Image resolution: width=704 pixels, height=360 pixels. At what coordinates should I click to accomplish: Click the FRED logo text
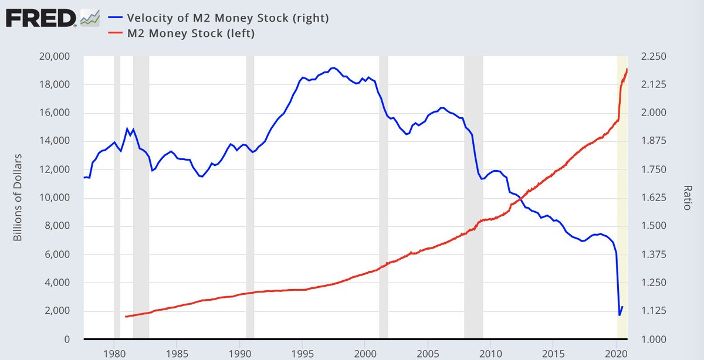(x=40, y=18)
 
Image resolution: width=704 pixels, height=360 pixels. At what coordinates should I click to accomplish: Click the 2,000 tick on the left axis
(x=56, y=311)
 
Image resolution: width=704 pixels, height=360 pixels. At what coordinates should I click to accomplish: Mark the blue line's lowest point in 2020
(x=620, y=315)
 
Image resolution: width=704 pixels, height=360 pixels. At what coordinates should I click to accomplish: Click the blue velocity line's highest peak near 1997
(x=333, y=68)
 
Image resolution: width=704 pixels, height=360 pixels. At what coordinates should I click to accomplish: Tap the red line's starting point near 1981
(x=126, y=317)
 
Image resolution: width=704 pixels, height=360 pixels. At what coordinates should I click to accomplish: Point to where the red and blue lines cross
(x=522, y=199)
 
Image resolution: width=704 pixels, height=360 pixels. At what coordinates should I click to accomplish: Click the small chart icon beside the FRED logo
(x=90, y=18)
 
